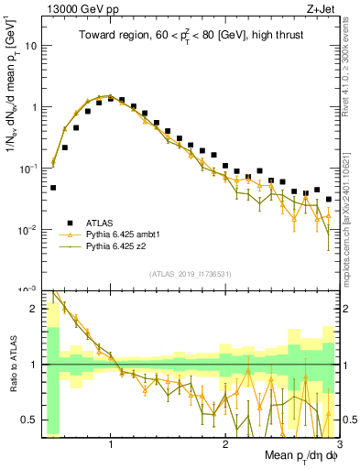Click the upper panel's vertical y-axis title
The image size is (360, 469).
(12, 101)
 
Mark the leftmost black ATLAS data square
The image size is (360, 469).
(53, 188)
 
